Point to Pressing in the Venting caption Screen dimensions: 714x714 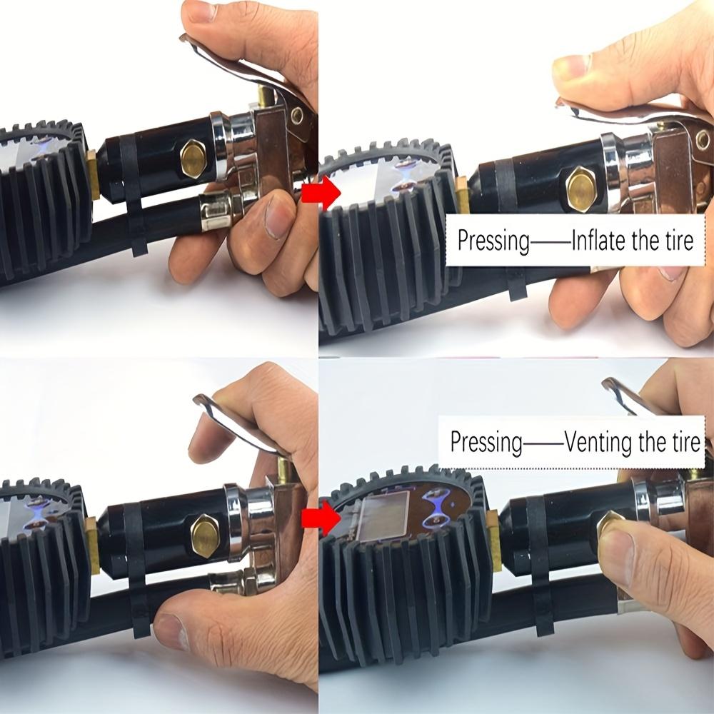click(486, 442)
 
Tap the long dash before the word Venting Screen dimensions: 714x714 click(543, 445)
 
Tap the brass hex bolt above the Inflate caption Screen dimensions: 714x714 click(582, 187)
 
